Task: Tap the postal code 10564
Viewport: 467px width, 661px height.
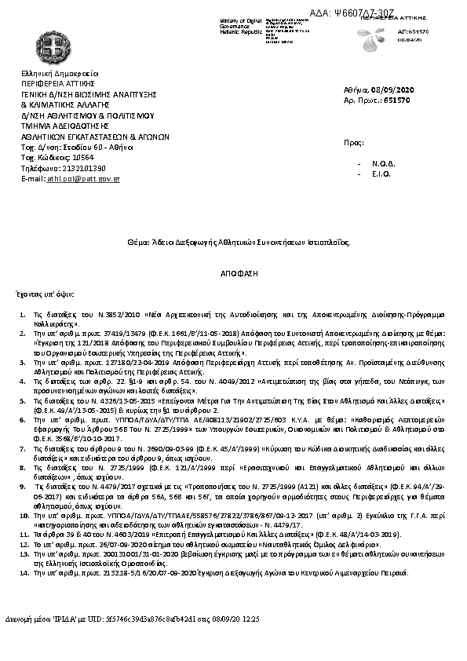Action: click(75, 157)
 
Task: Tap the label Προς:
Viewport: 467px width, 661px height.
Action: click(355, 142)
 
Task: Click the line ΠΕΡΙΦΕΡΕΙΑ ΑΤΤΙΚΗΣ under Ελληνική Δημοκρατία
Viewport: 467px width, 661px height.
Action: click(58, 82)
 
